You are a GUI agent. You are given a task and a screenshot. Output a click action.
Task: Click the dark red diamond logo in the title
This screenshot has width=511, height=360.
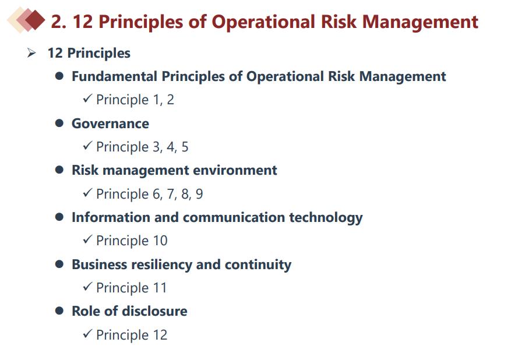tap(34, 20)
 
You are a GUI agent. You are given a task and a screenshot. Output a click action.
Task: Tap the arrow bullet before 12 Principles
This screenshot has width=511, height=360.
tap(31, 52)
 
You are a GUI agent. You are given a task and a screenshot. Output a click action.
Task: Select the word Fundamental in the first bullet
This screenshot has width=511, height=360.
tap(114, 76)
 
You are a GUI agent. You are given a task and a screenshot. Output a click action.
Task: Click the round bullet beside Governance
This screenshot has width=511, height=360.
tap(59, 123)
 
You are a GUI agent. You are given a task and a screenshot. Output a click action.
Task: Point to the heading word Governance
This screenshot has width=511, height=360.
tap(110, 123)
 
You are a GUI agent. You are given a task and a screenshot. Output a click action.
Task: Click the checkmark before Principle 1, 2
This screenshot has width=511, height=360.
tap(87, 98)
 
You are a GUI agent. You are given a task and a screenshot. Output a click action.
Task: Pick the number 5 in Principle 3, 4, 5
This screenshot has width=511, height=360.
tap(185, 147)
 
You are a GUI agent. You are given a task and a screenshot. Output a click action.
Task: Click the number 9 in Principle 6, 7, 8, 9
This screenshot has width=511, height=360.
tap(199, 194)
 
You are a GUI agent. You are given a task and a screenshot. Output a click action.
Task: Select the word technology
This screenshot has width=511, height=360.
tap(326, 218)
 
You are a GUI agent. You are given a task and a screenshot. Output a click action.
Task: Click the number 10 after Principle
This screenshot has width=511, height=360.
tap(160, 241)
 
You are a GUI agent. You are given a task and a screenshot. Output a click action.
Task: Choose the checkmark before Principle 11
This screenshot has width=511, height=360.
tap(87, 286)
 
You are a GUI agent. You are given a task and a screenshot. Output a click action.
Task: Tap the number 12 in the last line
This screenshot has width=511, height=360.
tap(160, 335)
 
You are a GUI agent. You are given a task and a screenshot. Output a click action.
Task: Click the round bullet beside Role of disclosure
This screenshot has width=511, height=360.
tap(59, 311)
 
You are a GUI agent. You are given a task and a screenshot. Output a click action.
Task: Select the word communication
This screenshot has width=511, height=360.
tap(234, 217)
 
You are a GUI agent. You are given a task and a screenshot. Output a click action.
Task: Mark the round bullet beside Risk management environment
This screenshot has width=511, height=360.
tap(59, 170)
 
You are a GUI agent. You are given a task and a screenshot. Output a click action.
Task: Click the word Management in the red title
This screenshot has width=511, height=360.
tap(420, 22)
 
